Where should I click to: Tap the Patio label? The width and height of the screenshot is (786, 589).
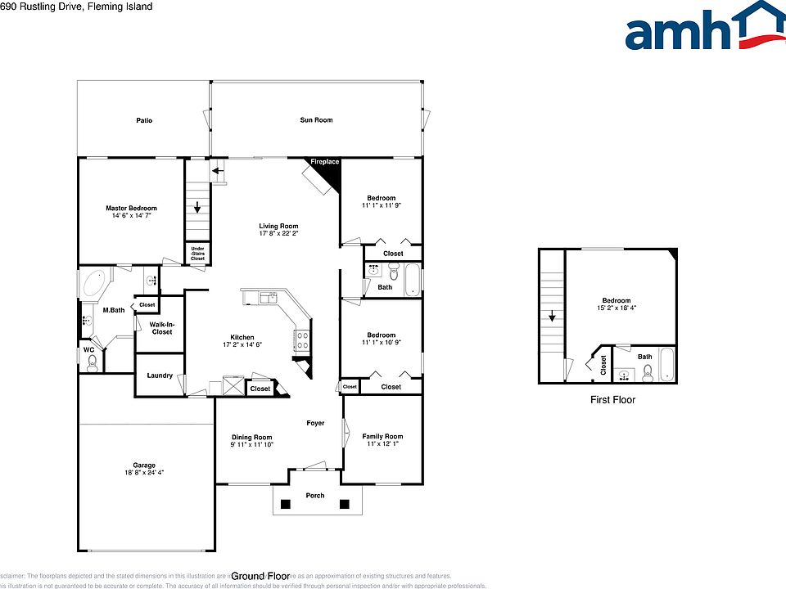click(x=144, y=120)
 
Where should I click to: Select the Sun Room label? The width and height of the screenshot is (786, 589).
click(x=316, y=120)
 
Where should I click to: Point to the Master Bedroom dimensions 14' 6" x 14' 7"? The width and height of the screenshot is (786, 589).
click(x=131, y=216)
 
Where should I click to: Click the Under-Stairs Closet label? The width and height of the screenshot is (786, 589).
click(x=197, y=253)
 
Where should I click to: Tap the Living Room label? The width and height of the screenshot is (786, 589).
click(x=278, y=226)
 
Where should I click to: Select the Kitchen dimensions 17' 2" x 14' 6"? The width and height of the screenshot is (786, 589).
click(x=242, y=345)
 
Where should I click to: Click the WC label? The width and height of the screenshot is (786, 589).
click(x=88, y=350)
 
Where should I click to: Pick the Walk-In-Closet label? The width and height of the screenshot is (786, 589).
click(x=162, y=327)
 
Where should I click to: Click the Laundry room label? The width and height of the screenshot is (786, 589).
click(x=160, y=375)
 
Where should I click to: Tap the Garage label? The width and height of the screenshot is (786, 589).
click(x=144, y=465)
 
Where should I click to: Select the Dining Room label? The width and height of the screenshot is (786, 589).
click(x=251, y=437)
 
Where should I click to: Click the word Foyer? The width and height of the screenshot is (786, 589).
click(x=315, y=423)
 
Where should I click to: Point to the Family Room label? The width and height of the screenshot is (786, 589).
click(x=382, y=436)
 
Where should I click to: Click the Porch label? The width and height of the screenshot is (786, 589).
click(x=315, y=495)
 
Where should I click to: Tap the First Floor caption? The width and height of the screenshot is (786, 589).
click(x=612, y=400)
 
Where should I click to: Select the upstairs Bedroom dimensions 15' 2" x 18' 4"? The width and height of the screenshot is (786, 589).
click(x=617, y=308)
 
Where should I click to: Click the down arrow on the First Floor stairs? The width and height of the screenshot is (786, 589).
click(x=552, y=316)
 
